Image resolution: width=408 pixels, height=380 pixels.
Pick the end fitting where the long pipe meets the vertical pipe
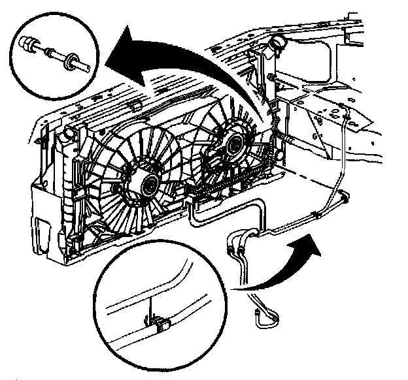pos(343,194)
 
